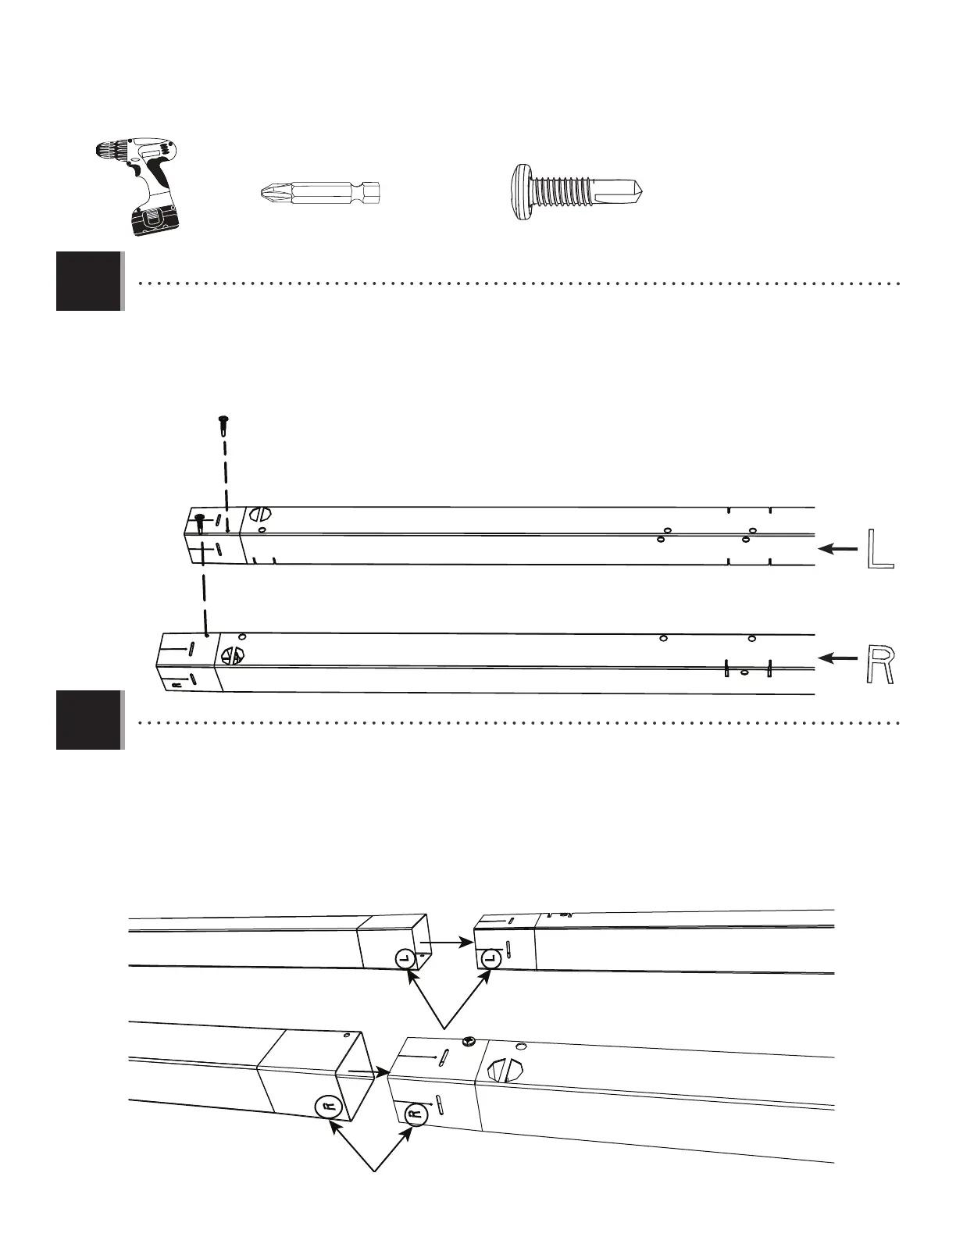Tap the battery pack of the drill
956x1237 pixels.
pyautogui.click(x=154, y=218)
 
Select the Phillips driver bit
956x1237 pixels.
pyautogui.click(x=319, y=191)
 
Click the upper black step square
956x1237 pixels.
pyautogui.click(x=88, y=281)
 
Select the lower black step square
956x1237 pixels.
pyautogui.click(x=88, y=720)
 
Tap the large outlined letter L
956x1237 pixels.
pyautogui.click(x=880, y=549)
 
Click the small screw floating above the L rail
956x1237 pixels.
pyautogui.click(x=223, y=424)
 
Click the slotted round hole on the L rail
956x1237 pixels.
pyautogui.click(x=261, y=515)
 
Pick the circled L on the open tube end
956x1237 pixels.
pyautogui.click(x=405, y=958)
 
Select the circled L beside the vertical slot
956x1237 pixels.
pyautogui.click(x=490, y=957)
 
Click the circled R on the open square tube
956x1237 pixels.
pyautogui.click(x=329, y=1107)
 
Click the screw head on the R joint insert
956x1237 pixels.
pyautogui.click(x=470, y=1040)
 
